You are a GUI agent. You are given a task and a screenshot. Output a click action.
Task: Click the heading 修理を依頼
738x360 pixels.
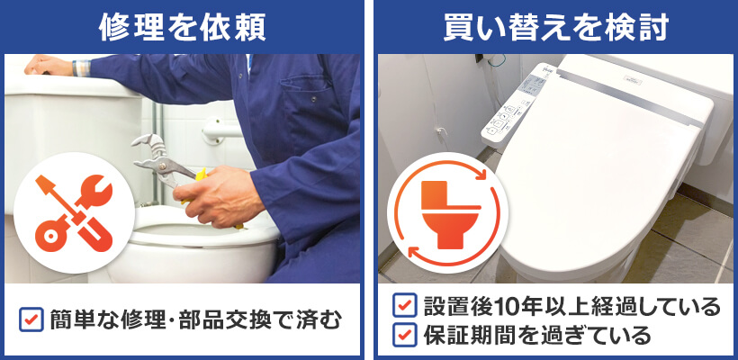coord(182,26)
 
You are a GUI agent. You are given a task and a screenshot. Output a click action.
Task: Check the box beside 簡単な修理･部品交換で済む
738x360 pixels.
coord(31,319)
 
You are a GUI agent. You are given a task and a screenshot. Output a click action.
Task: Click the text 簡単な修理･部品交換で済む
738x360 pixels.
coord(193,319)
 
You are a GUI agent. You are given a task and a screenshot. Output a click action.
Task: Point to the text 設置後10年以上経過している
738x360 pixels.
coord(571,306)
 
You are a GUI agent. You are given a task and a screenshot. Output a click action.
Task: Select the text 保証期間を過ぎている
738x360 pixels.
coord(535,336)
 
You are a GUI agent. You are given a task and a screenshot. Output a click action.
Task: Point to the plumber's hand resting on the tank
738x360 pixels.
coord(45,66)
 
